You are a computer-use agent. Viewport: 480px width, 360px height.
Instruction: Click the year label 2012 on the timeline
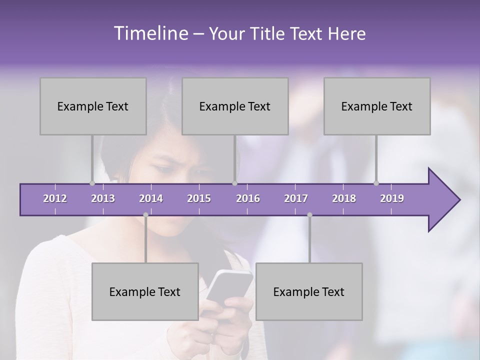pyautogui.click(x=55, y=198)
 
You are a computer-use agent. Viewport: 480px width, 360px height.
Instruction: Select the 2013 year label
pyautogui.click(x=103, y=198)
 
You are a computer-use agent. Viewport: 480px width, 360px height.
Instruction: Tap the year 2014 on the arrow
pyautogui.click(x=151, y=198)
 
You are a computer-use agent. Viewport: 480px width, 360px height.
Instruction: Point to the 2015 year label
pyautogui.click(x=199, y=198)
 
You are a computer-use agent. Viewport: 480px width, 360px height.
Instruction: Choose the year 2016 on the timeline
pyautogui.click(x=248, y=198)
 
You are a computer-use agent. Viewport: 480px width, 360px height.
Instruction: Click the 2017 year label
pyautogui.click(x=296, y=198)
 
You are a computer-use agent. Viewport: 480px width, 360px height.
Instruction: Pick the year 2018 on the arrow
pyautogui.click(x=344, y=198)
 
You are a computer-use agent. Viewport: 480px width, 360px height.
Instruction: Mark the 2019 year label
pyautogui.click(x=392, y=198)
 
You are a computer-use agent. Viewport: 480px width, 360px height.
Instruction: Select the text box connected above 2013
pyautogui.click(x=93, y=106)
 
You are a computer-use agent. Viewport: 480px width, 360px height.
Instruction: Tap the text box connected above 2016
pyautogui.click(x=235, y=106)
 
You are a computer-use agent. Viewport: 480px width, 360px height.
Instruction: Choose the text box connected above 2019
pyautogui.click(x=377, y=106)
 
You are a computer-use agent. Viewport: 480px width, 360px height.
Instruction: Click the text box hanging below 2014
pyautogui.click(x=145, y=291)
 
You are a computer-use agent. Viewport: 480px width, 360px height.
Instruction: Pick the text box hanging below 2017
pyautogui.click(x=309, y=291)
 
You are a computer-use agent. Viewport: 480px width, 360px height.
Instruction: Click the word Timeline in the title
pyautogui.click(x=150, y=33)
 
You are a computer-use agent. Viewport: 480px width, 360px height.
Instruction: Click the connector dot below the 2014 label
pyautogui.click(x=145, y=215)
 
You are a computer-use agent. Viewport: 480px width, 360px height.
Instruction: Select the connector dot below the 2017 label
pyautogui.click(x=309, y=215)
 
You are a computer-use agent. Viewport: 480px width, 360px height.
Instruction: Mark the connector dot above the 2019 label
pyautogui.click(x=376, y=183)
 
